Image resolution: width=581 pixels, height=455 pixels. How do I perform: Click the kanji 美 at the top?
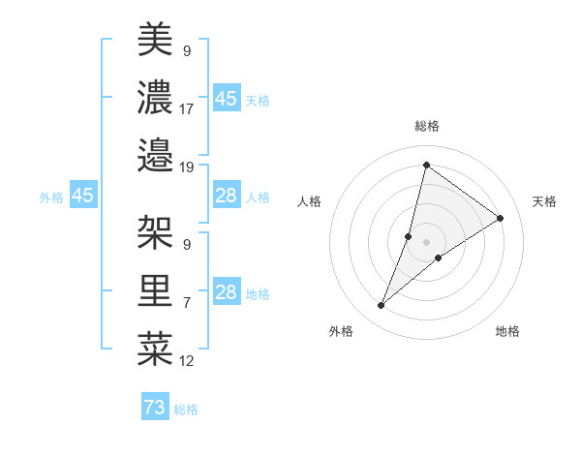click(155, 40)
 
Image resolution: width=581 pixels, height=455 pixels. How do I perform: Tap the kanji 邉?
click(155, 154)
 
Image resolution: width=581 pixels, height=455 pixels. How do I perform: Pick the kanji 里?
click(155, 290)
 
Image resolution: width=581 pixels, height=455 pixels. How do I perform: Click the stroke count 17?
click(187, 108)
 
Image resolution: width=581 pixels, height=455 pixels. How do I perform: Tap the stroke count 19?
click(187, 167)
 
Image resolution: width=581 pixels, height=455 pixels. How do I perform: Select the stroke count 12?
click(187, 361)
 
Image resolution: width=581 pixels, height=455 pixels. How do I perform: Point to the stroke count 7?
click(187, 303)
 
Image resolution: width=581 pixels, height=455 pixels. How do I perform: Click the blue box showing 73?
click(154, 408)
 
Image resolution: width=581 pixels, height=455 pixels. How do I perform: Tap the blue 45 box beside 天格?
click(226, 98)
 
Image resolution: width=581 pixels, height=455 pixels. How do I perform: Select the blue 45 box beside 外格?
click(82, 196)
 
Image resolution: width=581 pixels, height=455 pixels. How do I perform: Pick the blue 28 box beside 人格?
click(226, 196)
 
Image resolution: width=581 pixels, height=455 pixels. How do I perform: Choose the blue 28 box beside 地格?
click(226, 292)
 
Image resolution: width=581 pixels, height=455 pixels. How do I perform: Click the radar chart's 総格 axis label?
click(426, 126)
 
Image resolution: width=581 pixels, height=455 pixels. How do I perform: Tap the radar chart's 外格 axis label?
click(341, 331)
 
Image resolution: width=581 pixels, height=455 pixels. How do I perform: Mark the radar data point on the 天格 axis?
click(501, 218)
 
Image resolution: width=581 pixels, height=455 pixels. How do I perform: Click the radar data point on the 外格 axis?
click(382, 306)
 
